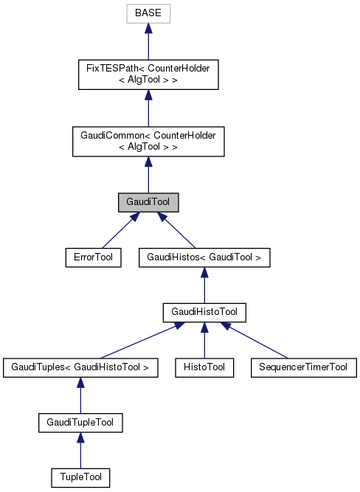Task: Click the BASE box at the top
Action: tap(148, 14)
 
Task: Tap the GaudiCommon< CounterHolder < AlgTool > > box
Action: tap(148, 141)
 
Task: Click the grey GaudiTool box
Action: tap(148, 201)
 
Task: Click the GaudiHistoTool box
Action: tap(204, 313)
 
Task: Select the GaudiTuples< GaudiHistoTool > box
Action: tap(80, 366)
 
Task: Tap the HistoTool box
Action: tap(204, 366)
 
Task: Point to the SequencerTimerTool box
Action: tap(303, 366)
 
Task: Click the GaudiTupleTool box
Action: tap(80, 423)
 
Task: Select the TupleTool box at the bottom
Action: tap(80, 477)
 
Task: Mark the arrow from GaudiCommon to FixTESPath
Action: tap(148, 108)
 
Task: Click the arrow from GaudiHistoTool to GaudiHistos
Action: tap(204, 285)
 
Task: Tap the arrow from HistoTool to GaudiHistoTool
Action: tap(204, 340)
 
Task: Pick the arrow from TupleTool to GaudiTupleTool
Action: tap(80, 451)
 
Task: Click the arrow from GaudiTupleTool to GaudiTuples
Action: tap(80, 395)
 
